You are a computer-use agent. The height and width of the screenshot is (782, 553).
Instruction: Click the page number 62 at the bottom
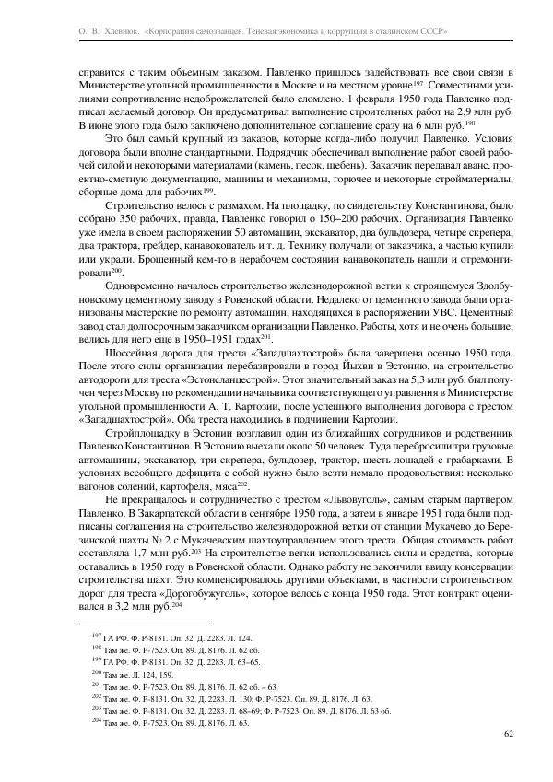coord(509,734)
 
